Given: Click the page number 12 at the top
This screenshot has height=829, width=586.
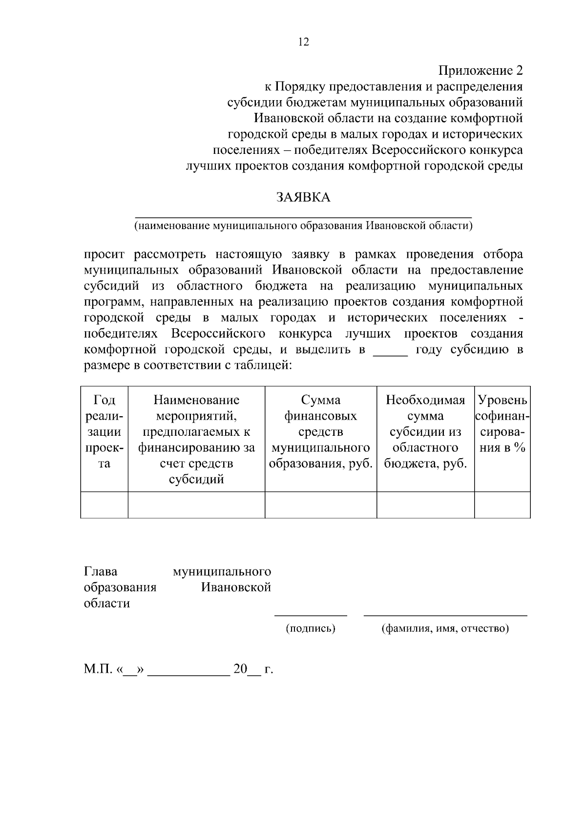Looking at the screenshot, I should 303,42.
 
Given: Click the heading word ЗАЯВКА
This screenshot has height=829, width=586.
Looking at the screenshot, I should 303,197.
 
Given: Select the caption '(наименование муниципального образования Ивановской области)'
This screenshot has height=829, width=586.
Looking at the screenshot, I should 303,226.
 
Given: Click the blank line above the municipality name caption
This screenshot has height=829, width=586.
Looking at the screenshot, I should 303,215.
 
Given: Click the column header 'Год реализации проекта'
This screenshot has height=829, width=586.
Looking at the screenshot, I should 104,432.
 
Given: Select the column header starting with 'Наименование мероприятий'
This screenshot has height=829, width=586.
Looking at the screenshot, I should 196,439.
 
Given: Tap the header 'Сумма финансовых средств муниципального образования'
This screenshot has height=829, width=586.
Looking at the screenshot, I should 320,432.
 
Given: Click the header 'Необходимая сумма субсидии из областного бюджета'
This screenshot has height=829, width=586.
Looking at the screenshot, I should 425,432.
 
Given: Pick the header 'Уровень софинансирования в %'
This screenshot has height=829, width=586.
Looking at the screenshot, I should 502,424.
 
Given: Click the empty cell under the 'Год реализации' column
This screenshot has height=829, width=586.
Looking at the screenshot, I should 104,505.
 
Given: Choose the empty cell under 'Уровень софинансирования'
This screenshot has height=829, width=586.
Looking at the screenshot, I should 502,505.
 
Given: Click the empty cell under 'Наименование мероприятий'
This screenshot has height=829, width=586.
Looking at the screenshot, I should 196,505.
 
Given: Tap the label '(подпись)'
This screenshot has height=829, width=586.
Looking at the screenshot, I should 311,628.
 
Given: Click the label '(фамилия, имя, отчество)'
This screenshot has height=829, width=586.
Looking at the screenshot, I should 445,628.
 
